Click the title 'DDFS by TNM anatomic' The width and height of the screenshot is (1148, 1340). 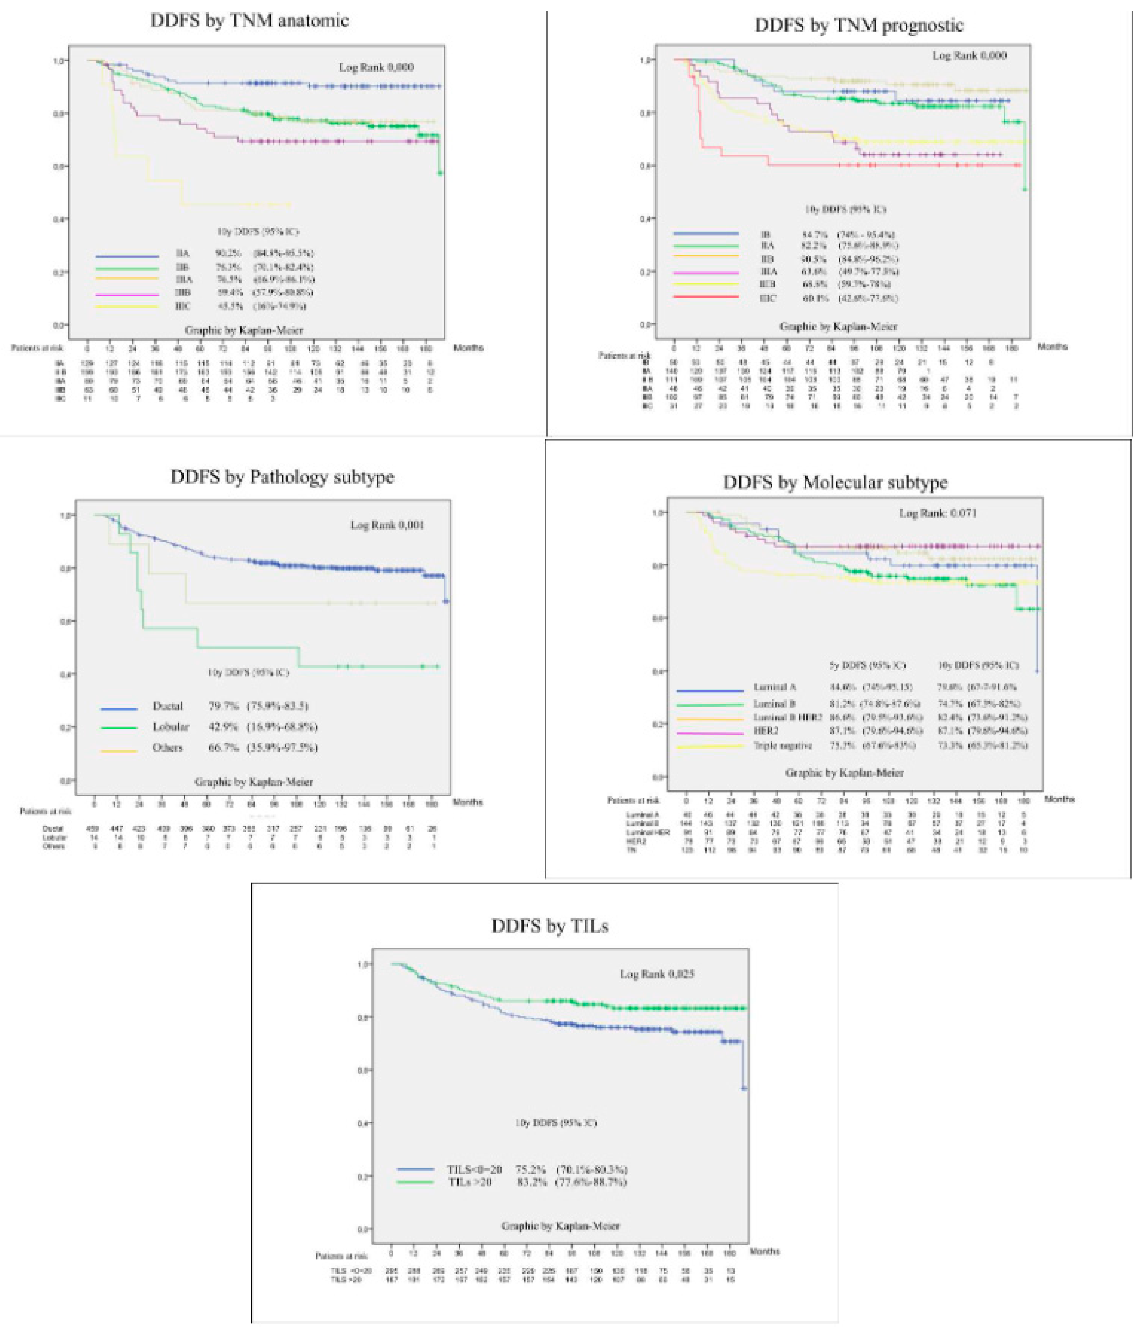[250, 21]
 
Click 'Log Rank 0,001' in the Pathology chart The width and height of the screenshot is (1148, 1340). [387, 525]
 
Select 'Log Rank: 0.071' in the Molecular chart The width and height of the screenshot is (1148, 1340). [937, 513]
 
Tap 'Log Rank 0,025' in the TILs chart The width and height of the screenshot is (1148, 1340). [657, 974]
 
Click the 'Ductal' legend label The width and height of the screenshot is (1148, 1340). [167, 706]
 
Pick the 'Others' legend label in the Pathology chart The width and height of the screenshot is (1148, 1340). [167, 748]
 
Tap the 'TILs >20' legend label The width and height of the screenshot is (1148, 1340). [470, 1182]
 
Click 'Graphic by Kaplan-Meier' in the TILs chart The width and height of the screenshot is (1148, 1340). [560, 1226]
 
